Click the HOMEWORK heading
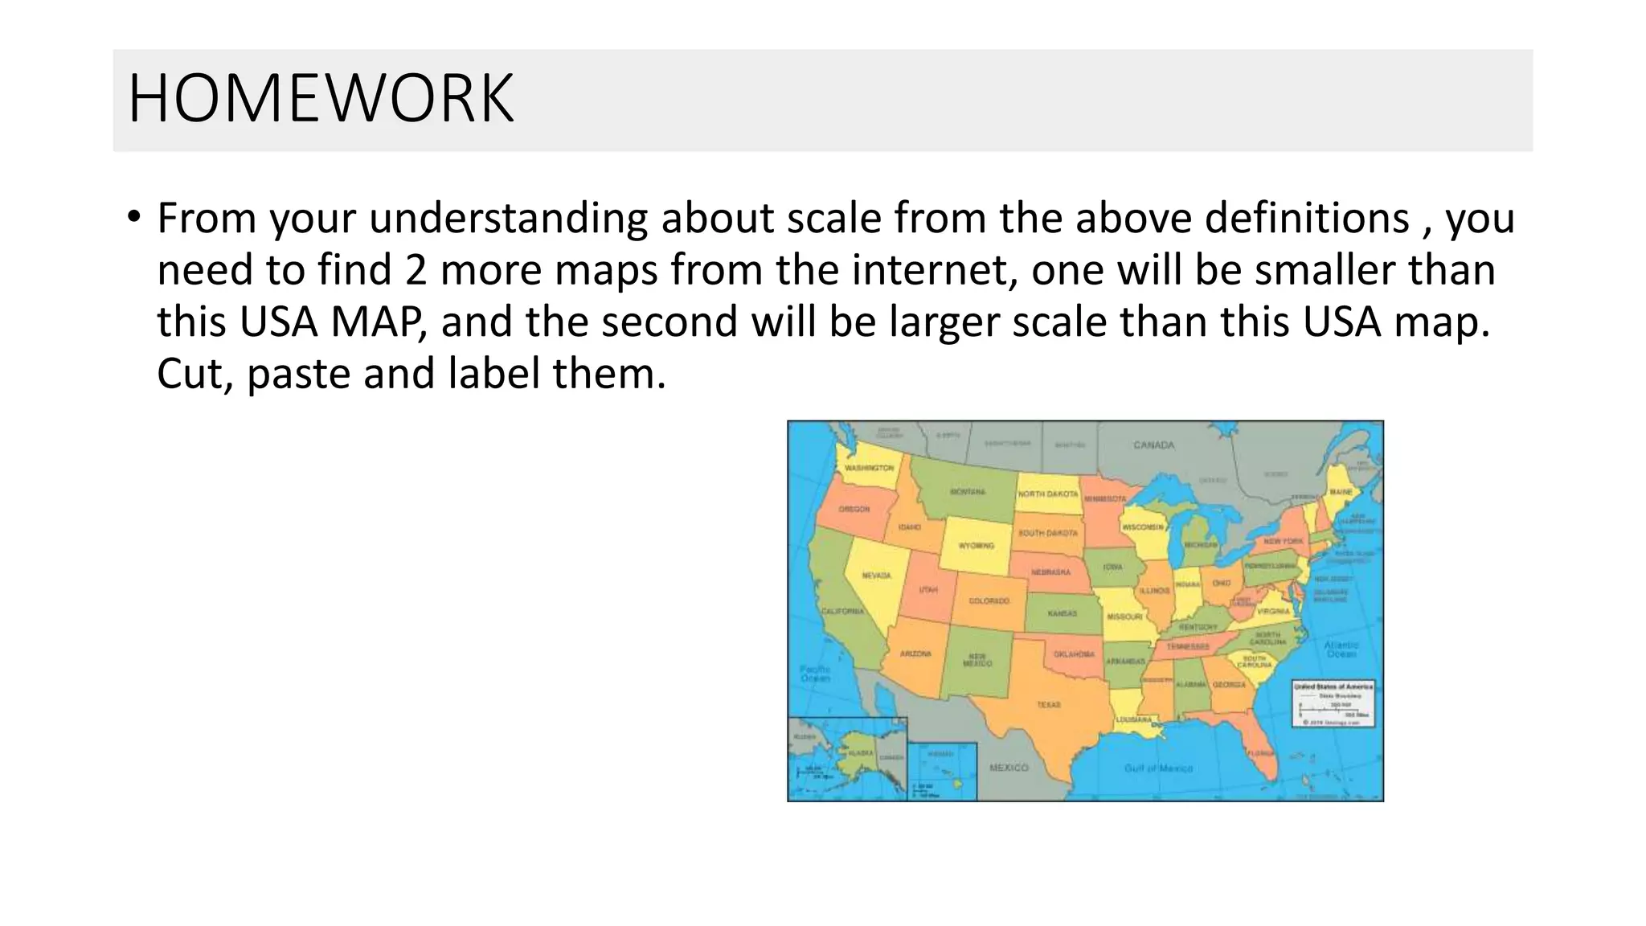coord(320,99)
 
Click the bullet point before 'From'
coord(133,218)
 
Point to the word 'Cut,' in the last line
coord(195,375)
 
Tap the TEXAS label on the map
coord(1048,705)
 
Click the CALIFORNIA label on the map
coord(842,612)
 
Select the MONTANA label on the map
coord(968,491)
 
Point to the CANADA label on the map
coord(1153,445)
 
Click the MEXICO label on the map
coord(1009,768)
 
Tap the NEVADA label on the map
coord(876,576)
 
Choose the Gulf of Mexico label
coord(1158,768)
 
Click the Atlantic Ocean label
coord(1341,649)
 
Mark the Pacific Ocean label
coord(815,674)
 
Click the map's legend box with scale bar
coord(1333,703)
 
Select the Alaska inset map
coord(847,759)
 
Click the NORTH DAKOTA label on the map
coord(1048,494)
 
